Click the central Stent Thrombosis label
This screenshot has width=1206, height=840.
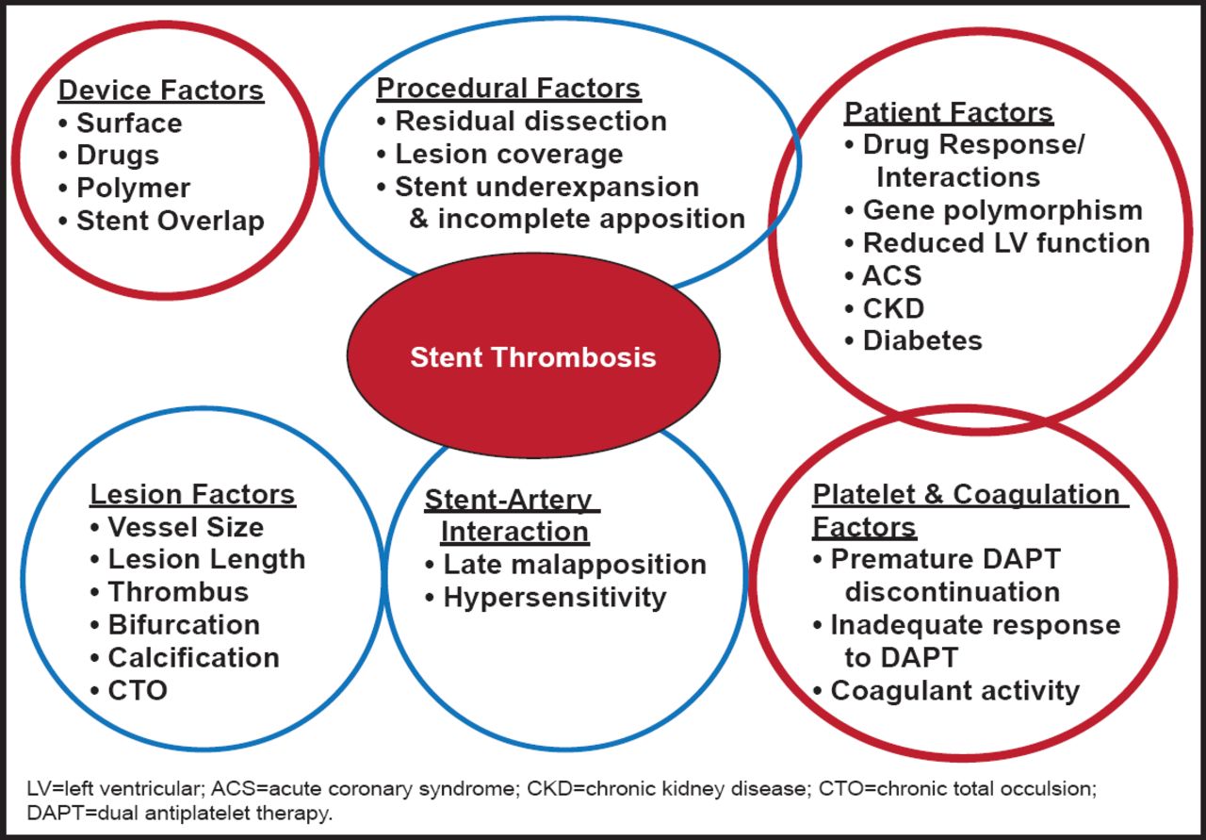pos(533,357)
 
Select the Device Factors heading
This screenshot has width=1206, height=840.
pos(161,91)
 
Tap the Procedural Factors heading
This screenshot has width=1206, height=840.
pos(509,89)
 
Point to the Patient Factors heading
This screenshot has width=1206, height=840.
pos(948,112)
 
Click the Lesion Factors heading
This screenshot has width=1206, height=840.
pos(192,494)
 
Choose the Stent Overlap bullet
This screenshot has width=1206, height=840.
pos(170,221)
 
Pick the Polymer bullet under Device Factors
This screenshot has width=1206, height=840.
pos(133,188)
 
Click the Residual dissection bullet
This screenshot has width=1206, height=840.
pos(530,122)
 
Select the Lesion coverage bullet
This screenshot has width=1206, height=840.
pos(509,154)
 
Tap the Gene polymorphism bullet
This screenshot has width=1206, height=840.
pos(1002,210)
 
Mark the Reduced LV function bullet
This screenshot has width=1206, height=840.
pos(1006,243)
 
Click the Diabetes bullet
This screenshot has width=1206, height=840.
pos(922,340)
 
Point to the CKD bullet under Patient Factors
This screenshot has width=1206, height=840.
pos(893,308)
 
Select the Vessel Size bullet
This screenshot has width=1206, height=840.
pos(186,527)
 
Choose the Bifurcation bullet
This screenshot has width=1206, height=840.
pos(184,625)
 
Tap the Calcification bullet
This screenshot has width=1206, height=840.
pos(193,657)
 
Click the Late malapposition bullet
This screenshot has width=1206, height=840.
pos(575,565)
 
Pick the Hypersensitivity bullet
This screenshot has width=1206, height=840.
pos(555,597)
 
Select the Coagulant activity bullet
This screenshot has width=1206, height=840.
pos(954,690)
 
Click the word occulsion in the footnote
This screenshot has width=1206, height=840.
pos(1053,787)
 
